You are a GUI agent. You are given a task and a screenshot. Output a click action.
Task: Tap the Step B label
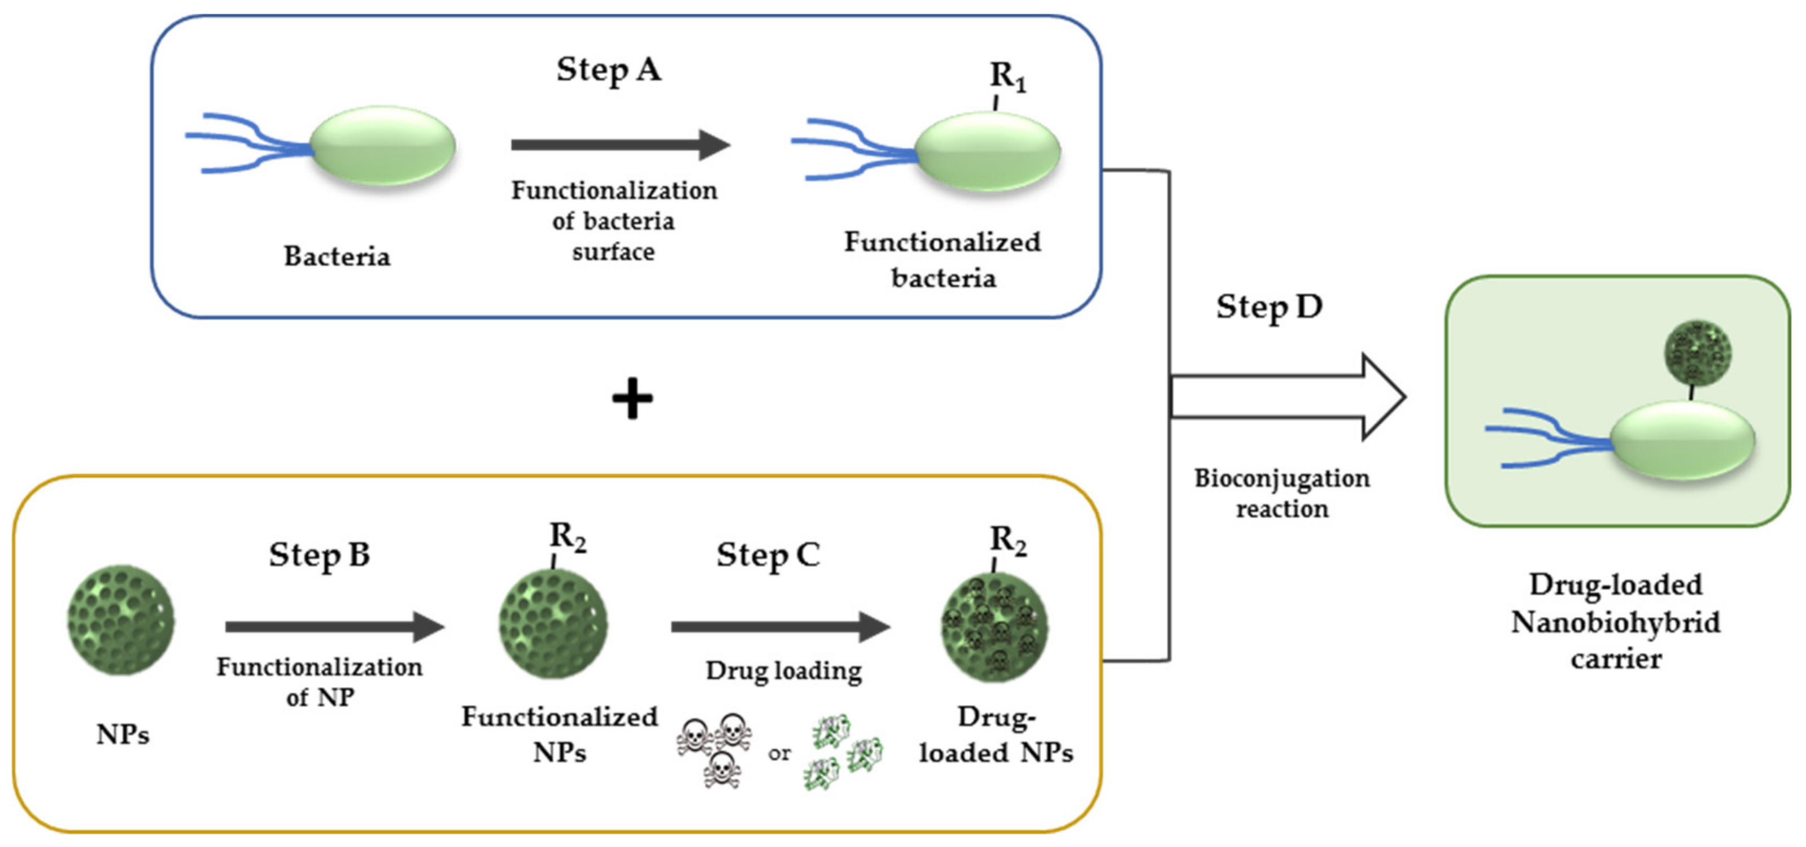pyautogui.click(x=319, y=555)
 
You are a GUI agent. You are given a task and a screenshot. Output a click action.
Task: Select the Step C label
pyautogui.click(x=767, y=555)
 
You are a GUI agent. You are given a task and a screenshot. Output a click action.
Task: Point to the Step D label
pyautogui.click(x=1269, y=307)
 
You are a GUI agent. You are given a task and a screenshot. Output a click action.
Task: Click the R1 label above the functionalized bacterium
pyautogui.click(x=1007, y=76)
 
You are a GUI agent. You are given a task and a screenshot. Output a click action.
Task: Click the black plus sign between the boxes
pyautogui.click(x=632, y=398)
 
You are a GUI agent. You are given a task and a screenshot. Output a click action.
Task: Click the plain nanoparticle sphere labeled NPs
pyautogui.click(x=121, y=621)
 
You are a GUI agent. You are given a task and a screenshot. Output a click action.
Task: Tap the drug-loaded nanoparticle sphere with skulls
pyautogui.click(x=994, y=626)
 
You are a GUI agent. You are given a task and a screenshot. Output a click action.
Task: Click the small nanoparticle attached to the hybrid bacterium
pyautogui.click(x=1698, y=353)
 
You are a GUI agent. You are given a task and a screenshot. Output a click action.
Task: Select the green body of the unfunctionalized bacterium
pyautogui.click(x=383, y=146)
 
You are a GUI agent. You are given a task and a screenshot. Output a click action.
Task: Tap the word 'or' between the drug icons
pyautogui.click(x=779, y=754)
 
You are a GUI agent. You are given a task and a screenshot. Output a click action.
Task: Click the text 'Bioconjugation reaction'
pyautogui.click(x=1281, y=493)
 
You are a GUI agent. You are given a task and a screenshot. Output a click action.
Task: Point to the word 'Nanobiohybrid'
pyautogui.click(x=1615, y=622)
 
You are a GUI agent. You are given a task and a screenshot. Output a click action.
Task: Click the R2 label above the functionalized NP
pyautogui.click(x=567, y=537)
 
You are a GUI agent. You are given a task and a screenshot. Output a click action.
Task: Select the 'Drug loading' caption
pyautogui.click(x=783, y=671)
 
